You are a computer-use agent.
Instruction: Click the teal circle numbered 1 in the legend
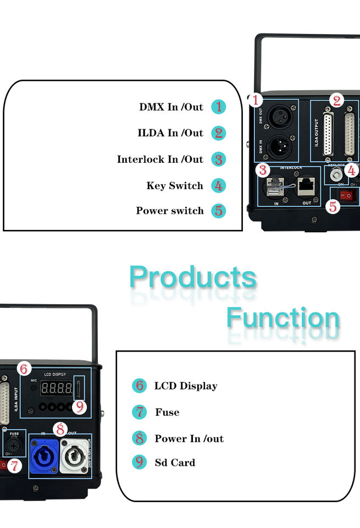tap(219, 107)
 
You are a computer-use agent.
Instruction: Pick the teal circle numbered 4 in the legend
tap(219, 186)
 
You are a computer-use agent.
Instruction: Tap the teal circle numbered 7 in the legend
tap(140, 412)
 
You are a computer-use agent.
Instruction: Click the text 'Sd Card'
tap(175, 463)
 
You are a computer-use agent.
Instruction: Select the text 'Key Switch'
tap(175, 186)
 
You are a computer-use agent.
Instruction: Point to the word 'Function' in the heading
tap(283, 318)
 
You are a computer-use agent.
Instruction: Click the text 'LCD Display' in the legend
tap(186, 386)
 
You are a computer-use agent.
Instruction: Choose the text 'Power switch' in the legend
tap(170, 211)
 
